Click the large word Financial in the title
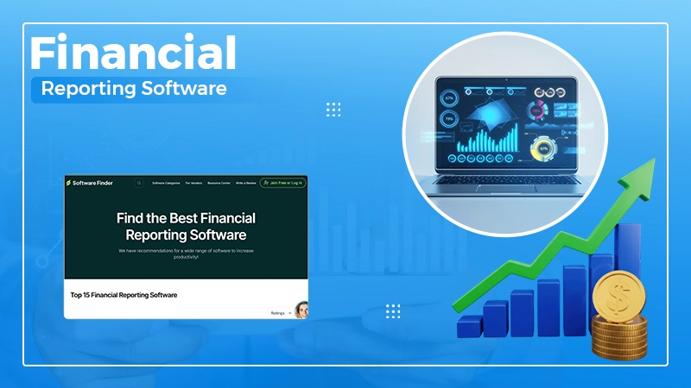point(133,54)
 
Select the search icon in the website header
point(138,183)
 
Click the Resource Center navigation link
point(219,183)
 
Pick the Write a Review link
point(245,183)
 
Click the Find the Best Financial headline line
point(186,218)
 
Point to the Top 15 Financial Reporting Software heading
point(124,295)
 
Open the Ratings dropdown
point(280,313)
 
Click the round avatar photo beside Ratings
point(301,310)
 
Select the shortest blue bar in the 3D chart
point(470,326)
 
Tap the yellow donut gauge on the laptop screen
point(543,147)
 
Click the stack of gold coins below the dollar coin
point(619,337)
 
